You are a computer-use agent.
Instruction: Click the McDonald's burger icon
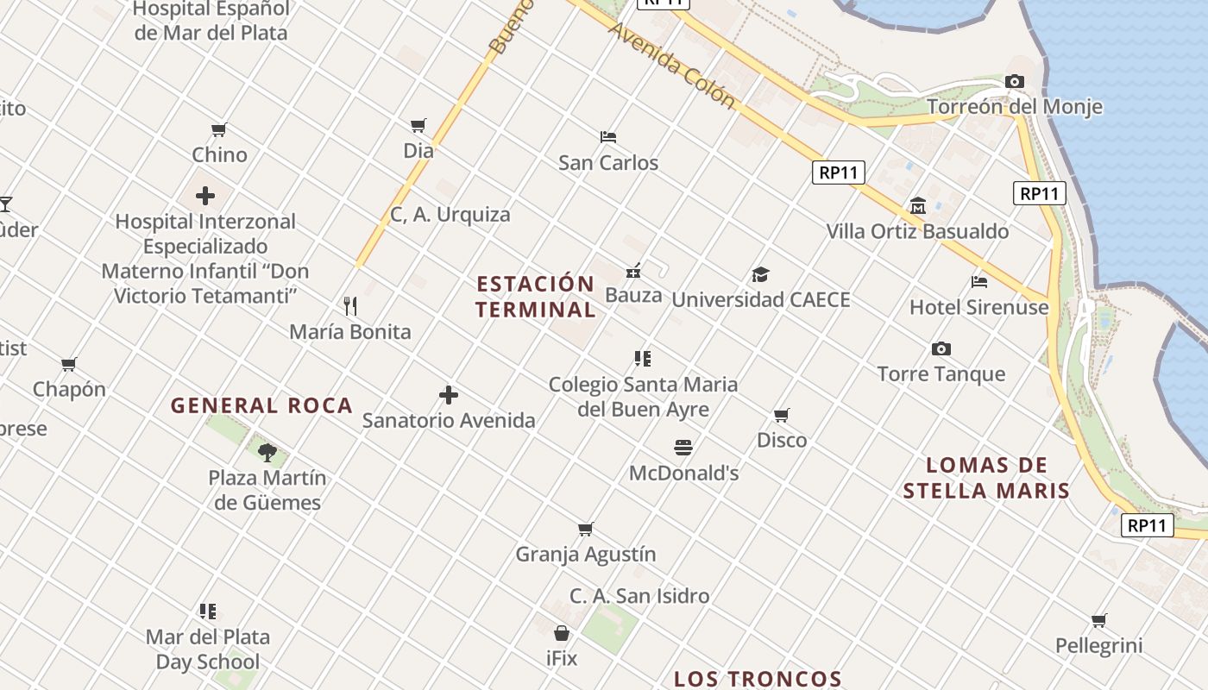click(683, 447)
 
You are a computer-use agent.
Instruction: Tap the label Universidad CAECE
click(760, 299)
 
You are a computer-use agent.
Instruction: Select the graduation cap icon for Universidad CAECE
click(759, 274)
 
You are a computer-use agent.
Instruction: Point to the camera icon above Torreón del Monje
click(1015, 81)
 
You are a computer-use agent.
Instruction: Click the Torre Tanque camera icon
click(941, 348)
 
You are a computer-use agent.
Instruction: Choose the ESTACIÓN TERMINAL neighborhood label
click(535, 296)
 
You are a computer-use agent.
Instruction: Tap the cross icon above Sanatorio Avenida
click(449, 395)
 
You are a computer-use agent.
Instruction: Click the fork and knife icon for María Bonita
click(350, 305)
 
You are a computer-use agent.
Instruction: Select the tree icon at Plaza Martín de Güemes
click(267, 451)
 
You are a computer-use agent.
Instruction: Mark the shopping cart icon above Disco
click(782, 415)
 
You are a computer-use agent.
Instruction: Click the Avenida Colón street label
click(671, 66)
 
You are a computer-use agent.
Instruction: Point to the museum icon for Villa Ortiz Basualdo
click(917, 206)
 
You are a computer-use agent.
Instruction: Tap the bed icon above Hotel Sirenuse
click(978, 281)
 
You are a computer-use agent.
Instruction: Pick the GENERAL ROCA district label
click(261, 405)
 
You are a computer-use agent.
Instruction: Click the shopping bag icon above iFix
click(562, 633)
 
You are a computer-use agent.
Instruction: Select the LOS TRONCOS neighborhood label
click(758, 679)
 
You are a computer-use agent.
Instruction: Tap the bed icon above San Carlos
click(608, 136)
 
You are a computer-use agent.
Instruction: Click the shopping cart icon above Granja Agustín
click(586, 529)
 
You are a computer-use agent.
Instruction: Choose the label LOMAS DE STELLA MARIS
click(986, 478)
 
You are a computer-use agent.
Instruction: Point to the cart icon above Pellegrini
click(1098, 620)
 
